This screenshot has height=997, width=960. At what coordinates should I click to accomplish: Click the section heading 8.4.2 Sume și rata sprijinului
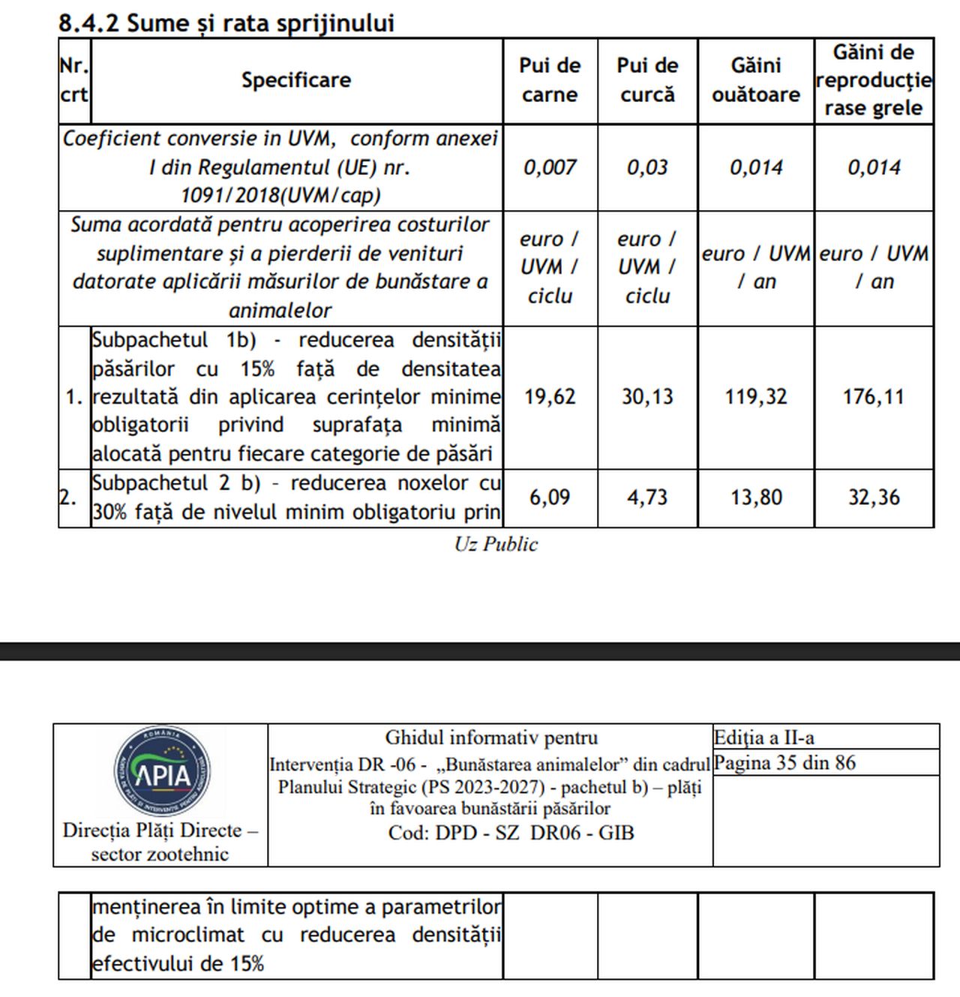point(226,23)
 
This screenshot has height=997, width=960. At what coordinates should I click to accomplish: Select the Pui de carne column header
point(550,80)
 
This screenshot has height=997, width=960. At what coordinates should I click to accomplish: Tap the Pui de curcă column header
point(647,80)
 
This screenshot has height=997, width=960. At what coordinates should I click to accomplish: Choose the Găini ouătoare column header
point(755,80)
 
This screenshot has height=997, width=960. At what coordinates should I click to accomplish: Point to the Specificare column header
point(296,80)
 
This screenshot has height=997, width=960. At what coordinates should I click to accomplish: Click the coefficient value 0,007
point(550,167)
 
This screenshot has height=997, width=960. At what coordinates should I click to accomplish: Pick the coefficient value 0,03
point(647,167)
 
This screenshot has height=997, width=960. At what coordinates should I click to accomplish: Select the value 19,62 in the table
point(550,396)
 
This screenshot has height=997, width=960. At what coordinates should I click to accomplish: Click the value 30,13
point(647,396)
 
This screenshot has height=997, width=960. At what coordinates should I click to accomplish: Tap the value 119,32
point(755,396)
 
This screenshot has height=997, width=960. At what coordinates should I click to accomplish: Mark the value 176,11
point(873,396)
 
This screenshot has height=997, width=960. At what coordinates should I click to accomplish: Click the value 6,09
point(550,497)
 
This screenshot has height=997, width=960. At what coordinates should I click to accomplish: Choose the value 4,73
point(647,497)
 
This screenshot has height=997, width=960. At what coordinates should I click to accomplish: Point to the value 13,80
point(755,497)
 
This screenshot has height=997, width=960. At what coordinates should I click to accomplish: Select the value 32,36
point(873,497)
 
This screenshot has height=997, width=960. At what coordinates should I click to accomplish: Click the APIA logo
point(162,772)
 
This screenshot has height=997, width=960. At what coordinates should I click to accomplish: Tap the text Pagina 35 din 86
point(784,763)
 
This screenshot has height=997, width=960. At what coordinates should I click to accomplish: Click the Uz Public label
point(496,544)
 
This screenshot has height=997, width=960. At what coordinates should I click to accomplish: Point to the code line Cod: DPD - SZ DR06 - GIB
point(511,833)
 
